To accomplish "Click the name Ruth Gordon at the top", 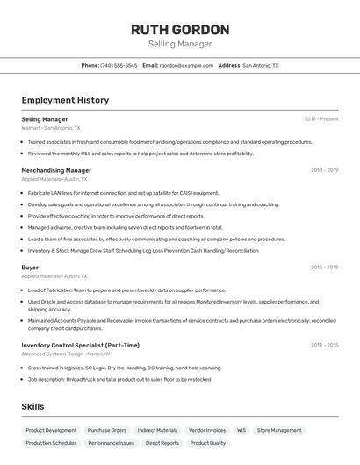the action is click(x=180, y=29).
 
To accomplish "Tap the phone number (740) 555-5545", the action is click(x=119, y=65).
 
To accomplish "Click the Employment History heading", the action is click(x=65, y=100).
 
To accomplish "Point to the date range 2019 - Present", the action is click(x=321, y=119).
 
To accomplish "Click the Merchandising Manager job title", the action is click(x=56, y=170).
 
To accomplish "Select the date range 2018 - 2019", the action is click(x=324, y=170).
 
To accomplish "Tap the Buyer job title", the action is click(x=30, y=267).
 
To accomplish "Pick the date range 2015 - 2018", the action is click(x=324, y=267).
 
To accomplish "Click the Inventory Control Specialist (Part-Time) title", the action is click(x=80, y=345).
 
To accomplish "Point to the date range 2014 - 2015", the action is click(x=324, y=345).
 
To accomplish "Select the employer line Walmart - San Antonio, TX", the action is click(x=54, y=128).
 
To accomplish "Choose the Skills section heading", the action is click(x=32, y=406).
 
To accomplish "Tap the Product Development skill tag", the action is click(x=51, y=430).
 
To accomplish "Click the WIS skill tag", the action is click(x=241, y=430).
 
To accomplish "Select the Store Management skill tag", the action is click(x=279, y=430).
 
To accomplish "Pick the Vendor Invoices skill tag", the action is click(x=207, y=430).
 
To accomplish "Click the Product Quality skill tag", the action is click(x=207, y=443).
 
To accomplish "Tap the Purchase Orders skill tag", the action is click(x=107, y=430).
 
